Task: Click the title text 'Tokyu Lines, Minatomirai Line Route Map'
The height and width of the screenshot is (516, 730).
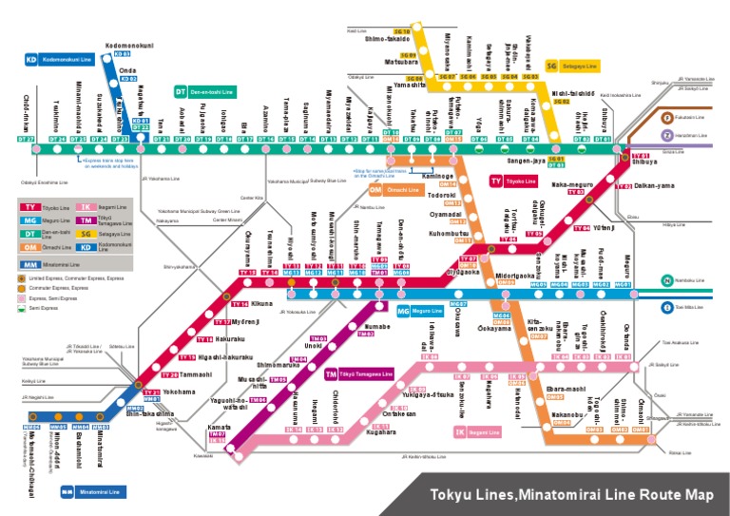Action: pyautogui.click(x=571, y=494)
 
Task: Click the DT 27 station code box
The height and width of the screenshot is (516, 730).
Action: pyautogui.click(x=27, y=139)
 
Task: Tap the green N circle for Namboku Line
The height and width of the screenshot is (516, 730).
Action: pyautogui.click(x=669, y=280)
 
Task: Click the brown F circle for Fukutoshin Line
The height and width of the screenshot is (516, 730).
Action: pyautogui.click(x=667, y=117)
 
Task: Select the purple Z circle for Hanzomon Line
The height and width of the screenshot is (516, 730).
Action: pyautogui.click(x=667, y=136)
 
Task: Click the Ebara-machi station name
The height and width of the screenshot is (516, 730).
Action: pyautogui.click(x=567, y=389)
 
